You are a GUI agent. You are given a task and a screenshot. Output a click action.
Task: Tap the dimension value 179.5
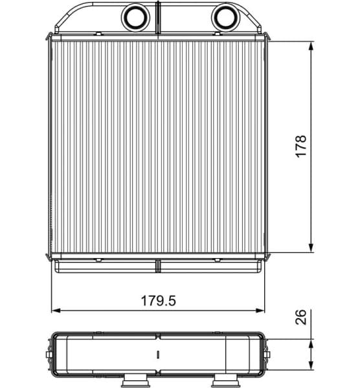coord(159,301)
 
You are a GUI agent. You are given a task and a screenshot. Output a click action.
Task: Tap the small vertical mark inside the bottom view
coord(158,354)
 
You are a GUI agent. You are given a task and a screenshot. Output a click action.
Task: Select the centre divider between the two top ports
coord(158,17)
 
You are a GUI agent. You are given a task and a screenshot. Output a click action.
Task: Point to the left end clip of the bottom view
coord(52,354)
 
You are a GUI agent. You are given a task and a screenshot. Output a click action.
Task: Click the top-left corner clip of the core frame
coord(50,38)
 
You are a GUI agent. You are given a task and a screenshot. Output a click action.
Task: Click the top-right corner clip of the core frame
coord(266,38)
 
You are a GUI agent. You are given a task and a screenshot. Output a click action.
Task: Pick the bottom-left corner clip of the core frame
coord(50,257)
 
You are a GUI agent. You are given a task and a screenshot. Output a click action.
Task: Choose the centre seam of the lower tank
coord(159,265)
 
